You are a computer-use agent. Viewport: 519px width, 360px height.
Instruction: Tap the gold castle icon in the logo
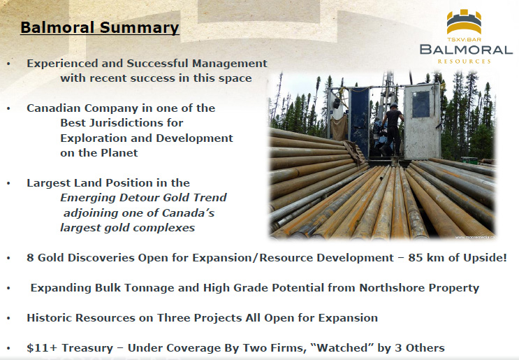464,22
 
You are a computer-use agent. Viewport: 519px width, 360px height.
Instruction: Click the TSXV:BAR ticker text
464,40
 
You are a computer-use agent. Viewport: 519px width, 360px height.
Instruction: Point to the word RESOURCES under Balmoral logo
464,62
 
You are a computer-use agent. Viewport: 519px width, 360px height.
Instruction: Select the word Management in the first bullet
230,63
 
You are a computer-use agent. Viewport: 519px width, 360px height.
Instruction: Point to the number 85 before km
415,258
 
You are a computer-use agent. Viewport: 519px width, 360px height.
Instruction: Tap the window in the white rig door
421,104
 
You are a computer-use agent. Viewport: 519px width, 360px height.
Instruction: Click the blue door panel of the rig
359,122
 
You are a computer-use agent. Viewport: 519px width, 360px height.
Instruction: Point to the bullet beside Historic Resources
8,318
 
